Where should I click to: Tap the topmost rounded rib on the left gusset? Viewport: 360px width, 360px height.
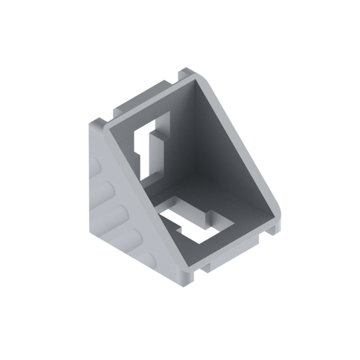point(102,162)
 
